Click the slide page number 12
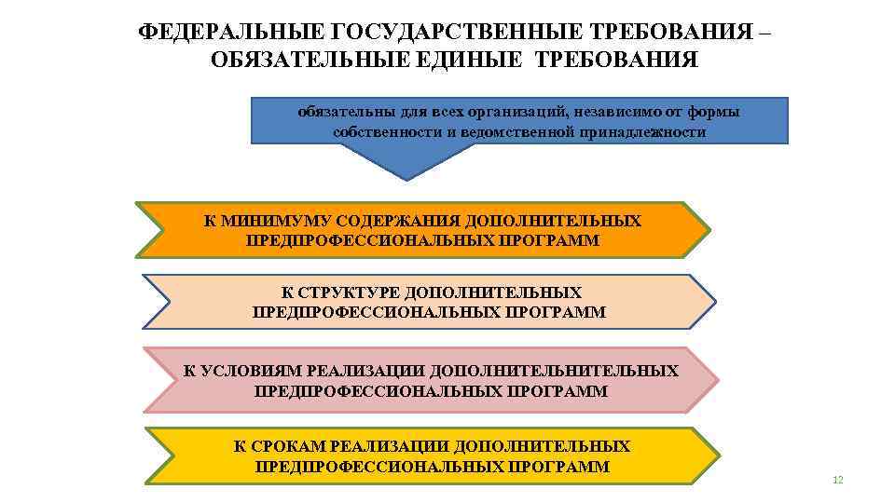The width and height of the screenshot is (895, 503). click(x=837, y=480)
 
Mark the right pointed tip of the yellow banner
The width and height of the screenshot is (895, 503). click(x=719, y=456)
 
